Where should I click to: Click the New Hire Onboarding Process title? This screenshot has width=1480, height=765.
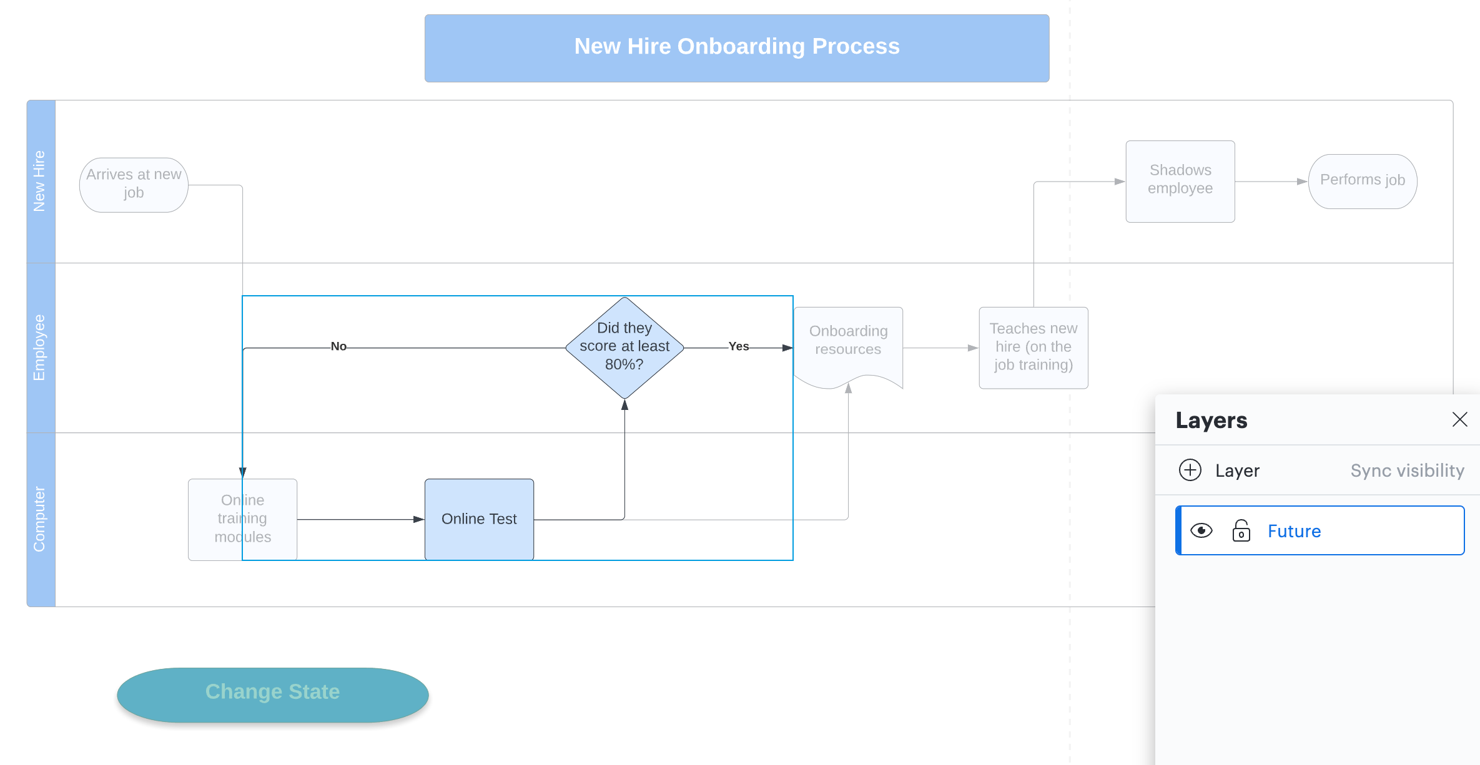(737, 47)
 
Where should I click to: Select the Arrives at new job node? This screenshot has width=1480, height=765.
(134, 184)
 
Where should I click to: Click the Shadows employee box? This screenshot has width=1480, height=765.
(1180, 180)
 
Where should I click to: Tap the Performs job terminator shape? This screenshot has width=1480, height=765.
(1362, 181)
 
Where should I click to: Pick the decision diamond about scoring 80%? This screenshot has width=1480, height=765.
(624, 347)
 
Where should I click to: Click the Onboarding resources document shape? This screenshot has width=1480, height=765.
(847, 342)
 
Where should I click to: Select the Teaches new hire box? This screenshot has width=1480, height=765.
(1033, 347)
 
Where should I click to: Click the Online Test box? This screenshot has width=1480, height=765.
(479, 519)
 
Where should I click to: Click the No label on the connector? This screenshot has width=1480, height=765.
(338, 346)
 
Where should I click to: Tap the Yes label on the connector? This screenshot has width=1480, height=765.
(738, 346)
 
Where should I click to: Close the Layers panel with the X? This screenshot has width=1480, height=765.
(1459, 419)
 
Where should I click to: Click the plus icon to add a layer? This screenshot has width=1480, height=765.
(1190, 470)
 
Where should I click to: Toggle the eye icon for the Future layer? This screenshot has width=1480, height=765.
(1201, 530)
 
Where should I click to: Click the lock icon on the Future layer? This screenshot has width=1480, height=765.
(1241, 530)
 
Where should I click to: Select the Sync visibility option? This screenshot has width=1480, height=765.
(1407, 470)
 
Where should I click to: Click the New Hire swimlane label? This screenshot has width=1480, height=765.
(39, 181)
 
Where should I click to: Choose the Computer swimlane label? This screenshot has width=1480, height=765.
(39, 519)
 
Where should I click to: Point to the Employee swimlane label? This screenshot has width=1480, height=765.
(39, 348)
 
